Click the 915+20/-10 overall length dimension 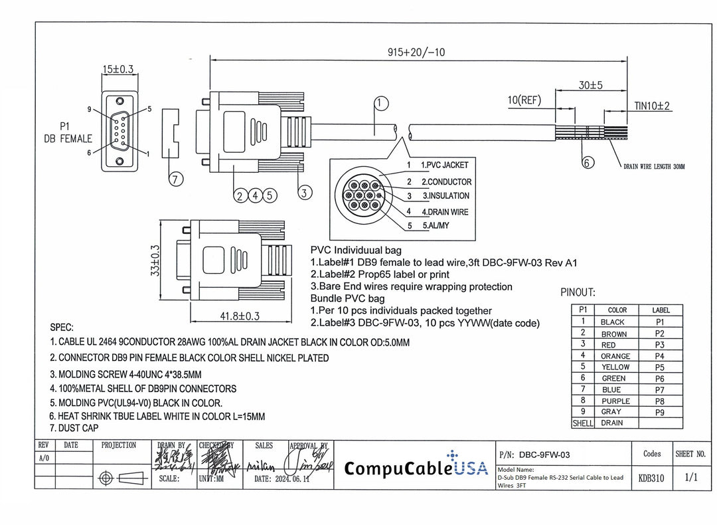(x=417, y=52)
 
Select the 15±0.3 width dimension (x=118, y=69)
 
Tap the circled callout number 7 (x=175, y=178)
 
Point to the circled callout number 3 (x=304, y=193)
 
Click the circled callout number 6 (x=588, y=162)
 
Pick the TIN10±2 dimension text (x=653, y=106)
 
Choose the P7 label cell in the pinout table (x=659, y=390)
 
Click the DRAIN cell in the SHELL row (x=611, y=423)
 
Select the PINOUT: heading (x=578, y=292)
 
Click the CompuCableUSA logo (x=416, y=467)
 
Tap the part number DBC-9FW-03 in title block (x=544, y=455)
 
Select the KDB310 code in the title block (x=651, y=478)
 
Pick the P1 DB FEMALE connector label (x=68, y=132)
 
